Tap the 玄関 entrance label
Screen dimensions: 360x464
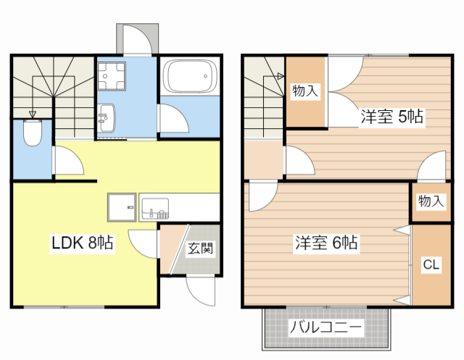[x=199, y=249]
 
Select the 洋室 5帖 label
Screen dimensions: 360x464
[x=391, y=115]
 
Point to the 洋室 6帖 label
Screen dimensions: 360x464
[x=326, y=243]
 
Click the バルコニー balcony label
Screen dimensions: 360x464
[x=326, y=328]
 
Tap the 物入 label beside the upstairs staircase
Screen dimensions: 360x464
[x=305, y=91]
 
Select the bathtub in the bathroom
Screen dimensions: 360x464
[x=190, y=76]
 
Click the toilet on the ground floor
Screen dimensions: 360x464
[x=33, y=133]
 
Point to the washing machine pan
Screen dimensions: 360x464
[x=112, y=75]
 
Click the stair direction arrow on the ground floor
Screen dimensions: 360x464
[x=32, y=114]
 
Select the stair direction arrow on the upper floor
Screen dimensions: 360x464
[x=279, y=75]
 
